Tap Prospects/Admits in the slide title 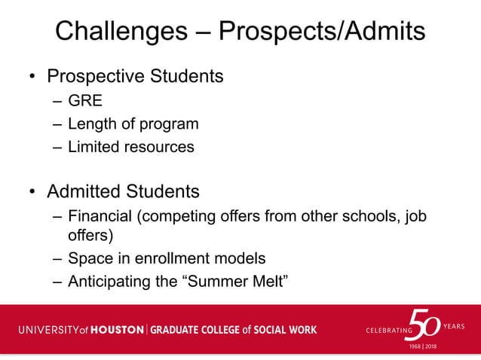click(x=321, y=31)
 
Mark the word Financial click(x=100, y=217)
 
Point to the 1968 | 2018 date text click(x=421, y=346)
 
